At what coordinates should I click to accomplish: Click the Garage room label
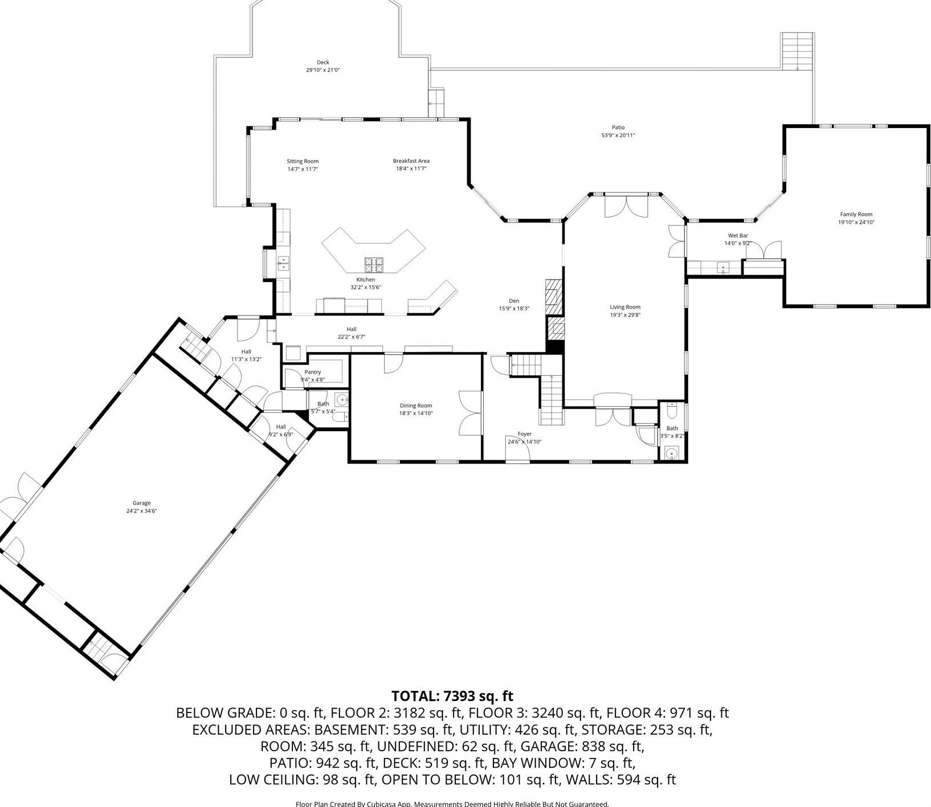tap(141, 503)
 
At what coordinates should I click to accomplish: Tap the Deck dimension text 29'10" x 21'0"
tap(322, 70)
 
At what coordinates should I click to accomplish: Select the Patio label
tap(618, 128)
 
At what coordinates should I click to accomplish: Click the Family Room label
tap(856, 215)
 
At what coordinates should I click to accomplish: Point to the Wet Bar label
tap(737, 236)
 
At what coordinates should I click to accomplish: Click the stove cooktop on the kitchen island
tap(374, 265)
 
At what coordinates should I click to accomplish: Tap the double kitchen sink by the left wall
tap(283, 263)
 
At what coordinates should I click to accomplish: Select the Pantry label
tap(312, 372)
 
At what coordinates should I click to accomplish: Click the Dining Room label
tap(415, 406)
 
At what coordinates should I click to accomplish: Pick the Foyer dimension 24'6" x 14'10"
tap(524, 441)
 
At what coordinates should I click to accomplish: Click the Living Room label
tap(625, 307)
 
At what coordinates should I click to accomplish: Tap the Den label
tap(513, 301)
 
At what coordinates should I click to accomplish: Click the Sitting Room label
tap(302, 161)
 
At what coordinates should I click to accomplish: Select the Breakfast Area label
tap(411, 161)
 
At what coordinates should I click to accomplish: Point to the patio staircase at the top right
tap(797, 50)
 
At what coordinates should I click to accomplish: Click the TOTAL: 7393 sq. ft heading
tap(452, 696)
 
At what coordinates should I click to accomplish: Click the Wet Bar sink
tap(723, 267)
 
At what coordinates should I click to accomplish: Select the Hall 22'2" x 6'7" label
tap(351, 329)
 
